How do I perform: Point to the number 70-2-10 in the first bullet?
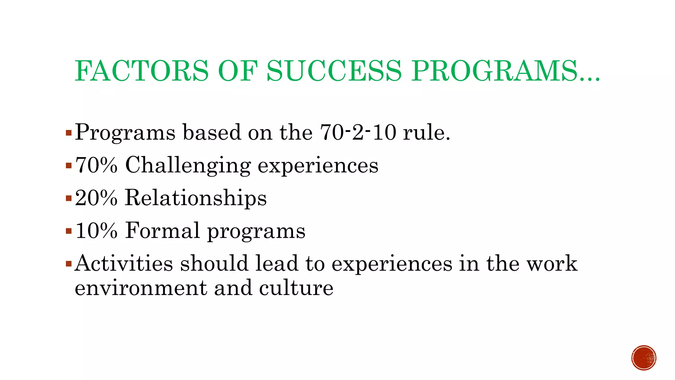358,132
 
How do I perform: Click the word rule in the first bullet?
426,132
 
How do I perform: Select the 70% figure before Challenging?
96,165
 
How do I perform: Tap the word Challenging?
188,166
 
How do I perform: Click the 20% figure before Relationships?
96,198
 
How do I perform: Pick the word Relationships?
196,198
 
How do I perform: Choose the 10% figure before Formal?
96,230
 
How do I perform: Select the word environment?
140,288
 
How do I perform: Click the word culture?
296,288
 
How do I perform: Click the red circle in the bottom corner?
644,358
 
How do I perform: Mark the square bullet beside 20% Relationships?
69,198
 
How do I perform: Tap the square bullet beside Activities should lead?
69,264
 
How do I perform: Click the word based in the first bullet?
212,132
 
